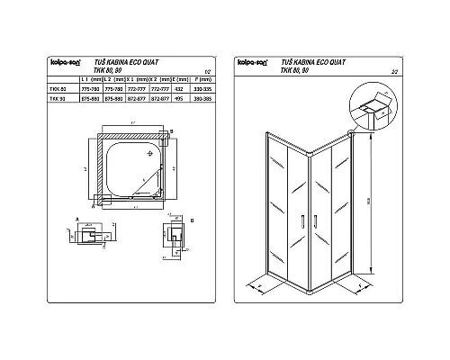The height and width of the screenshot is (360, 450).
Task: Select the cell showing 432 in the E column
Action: pyautogui.click(x=177, y=89)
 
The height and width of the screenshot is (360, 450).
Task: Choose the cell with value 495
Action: pyautogui.click(x=177, y=99)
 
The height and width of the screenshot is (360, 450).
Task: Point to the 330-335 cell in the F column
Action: pyautogui.click(x=202, y=89)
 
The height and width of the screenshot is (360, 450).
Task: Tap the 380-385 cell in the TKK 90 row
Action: pyautogui.click(x=202, y=99)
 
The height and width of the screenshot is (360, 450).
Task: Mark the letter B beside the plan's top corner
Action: pyautogui.click(x=171, y=131)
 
